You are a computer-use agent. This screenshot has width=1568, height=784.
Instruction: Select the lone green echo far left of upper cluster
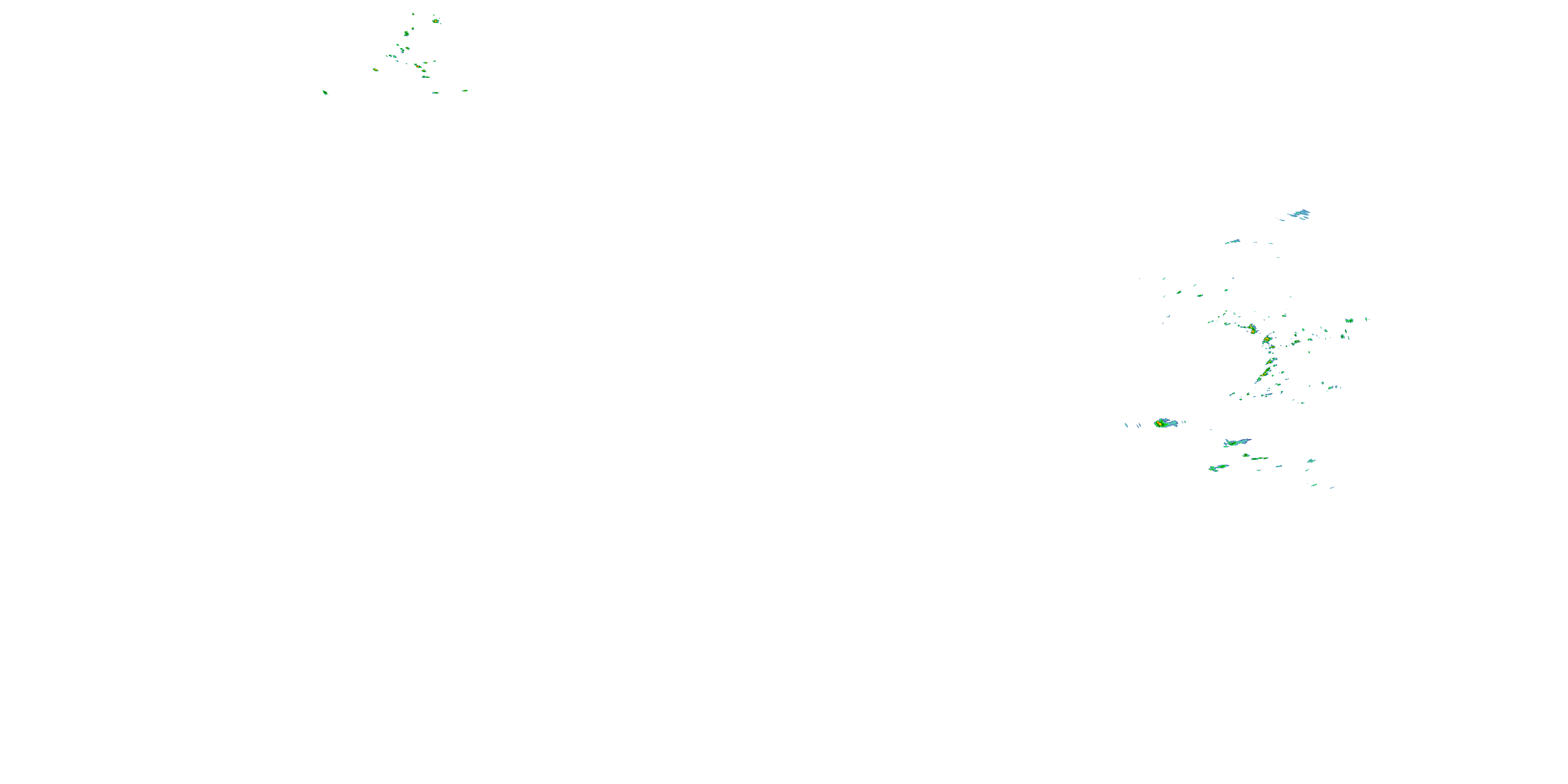coord(325,93)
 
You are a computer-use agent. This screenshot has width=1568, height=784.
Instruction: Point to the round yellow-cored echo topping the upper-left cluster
coord(436,21)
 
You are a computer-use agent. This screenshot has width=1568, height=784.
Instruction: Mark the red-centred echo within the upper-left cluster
coord(417,66)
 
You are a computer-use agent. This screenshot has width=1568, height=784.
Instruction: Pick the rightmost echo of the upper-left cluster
coord(465,91)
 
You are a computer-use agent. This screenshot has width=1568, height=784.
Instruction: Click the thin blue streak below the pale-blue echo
coord(1232,241)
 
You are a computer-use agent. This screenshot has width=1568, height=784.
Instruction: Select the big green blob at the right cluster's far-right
coord(1349,321)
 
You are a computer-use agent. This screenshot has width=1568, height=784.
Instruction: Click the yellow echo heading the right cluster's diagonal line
coord(1252,329)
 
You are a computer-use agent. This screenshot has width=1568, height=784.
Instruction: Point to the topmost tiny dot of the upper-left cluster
coord(413,14)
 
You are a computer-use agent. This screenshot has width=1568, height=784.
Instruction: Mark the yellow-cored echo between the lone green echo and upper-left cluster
coord(376,70)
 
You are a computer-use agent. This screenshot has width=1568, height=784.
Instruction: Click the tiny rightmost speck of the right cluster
coord(1367,318)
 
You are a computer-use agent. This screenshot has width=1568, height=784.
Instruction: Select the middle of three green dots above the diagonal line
coord(1200,296)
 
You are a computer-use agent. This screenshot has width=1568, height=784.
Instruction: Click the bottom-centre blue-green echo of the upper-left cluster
coord(435,93)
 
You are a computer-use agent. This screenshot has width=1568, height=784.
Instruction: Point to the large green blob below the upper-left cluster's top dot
coord(406,33)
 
